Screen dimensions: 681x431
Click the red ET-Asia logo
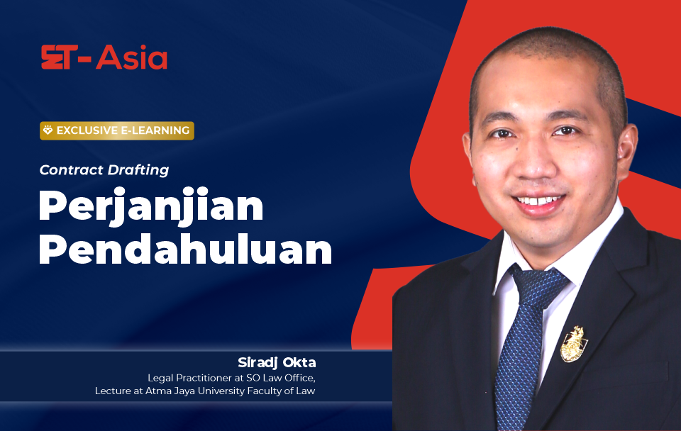(x=104, y=57)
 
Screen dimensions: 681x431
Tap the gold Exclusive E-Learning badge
(x=117, y=130)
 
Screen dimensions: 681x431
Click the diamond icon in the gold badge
(x=48, y=130)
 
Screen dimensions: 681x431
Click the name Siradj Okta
(x=277, y=362)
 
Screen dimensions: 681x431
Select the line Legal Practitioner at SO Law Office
(x=231, y=378)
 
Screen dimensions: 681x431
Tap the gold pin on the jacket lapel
(x=574, y=344)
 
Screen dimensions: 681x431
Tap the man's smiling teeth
(x=539, y=201)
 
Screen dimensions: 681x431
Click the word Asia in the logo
(x=132, y=57)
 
